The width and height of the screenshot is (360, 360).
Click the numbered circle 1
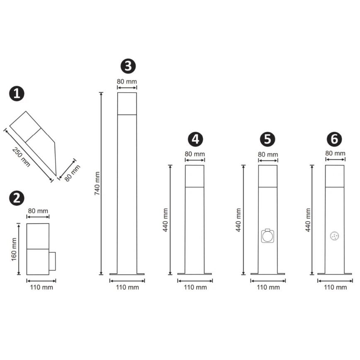[x=17, y=94]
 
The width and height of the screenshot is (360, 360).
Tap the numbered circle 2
[x=17, y=198]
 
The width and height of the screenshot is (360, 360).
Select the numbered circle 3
[x=128, y=66]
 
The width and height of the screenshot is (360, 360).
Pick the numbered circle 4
[x=195, y=139]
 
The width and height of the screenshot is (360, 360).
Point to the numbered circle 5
[x=268, y=139]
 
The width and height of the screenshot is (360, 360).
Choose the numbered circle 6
[x=334, y=139]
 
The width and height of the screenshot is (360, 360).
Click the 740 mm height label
[x=97, y=183]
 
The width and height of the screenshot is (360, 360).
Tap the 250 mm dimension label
[x=21, y=157]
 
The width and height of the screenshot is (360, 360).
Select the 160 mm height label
[x=14, y=249]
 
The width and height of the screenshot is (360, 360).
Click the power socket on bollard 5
[x=268, y=236]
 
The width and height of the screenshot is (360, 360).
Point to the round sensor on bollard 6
[x=335, y=236]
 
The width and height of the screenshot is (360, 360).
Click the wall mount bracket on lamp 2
[x=52, y=261]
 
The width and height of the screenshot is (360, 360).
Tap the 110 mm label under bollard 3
[x=127, y=287]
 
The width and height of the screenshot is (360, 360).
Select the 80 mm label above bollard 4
[x=195, y=154]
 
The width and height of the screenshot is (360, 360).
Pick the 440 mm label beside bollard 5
[x=238, y=220]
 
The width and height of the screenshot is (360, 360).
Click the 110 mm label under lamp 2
[x=41, y=287]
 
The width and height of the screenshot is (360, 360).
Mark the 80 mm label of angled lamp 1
[x=72, y=173]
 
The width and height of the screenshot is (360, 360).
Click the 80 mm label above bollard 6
[x=335, y=153]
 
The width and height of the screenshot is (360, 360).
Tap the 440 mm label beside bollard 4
[x=165, y=220]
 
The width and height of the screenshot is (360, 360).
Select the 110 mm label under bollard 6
[x=336, y=287]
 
